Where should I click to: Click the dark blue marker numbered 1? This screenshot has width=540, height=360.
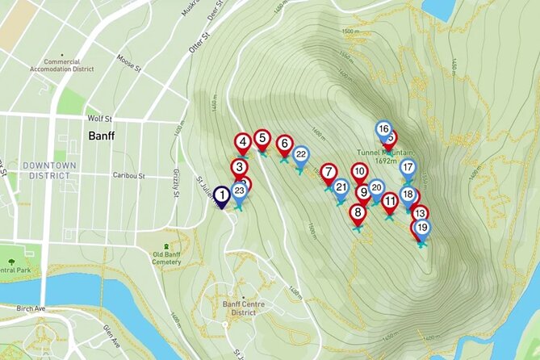pos(221,195)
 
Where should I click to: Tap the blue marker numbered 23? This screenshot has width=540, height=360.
pos(239,191)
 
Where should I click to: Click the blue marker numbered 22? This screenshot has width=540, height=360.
pos(300,154)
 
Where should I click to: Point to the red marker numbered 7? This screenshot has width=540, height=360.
pos(329,172)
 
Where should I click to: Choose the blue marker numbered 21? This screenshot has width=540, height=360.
pos(341,189)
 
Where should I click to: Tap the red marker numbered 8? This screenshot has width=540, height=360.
pos(358,213)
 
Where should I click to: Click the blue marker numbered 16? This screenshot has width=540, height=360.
pos(384,129)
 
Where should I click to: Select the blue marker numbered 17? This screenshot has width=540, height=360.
pos(408,168)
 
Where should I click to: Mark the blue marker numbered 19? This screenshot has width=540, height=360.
pos(422,228)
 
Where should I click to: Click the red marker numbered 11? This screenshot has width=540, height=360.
pos(390,201)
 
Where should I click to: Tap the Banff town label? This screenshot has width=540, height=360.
pos(101,136)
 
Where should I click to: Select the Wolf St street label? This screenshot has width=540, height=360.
pos(98,118)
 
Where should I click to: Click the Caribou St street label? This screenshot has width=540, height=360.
pos(128,175)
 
